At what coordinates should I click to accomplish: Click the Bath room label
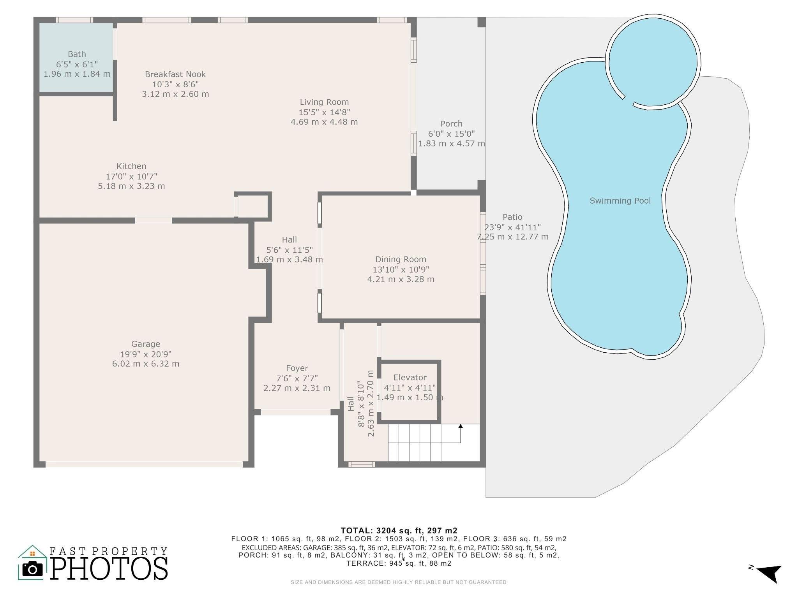click(x=77, y=54)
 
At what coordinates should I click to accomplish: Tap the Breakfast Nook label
click(x=175, y=74)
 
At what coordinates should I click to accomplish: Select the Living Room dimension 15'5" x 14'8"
click(x=324, y=112)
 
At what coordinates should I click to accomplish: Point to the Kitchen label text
click(x=131, y=166)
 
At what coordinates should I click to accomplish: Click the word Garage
click(x=145, y=344)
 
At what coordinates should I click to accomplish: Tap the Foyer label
click(x=297, y=368)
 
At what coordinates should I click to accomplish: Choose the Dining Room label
click(x=401, y=259)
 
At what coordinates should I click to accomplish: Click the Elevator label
click(x=410, y=378)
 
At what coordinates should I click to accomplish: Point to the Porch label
click(x=451, y=124)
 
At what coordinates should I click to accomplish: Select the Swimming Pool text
click(x=620, y=201)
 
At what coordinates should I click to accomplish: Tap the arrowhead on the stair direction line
click(x=461, y=427)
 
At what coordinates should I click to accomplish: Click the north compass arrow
click(x=770, y=573)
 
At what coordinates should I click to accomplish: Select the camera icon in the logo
click(x=33, y=569)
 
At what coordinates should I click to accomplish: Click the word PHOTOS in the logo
click(x=109, y=569)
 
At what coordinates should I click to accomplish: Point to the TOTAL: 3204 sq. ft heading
click(x=399, y=530)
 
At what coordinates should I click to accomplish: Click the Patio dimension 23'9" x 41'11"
click(x=512, y=227)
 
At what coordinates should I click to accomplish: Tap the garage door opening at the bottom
click(x=144, y=464)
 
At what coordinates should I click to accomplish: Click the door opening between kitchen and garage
click(x=153, y=220)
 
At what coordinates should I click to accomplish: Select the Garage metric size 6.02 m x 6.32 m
click(x=145, y=364)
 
